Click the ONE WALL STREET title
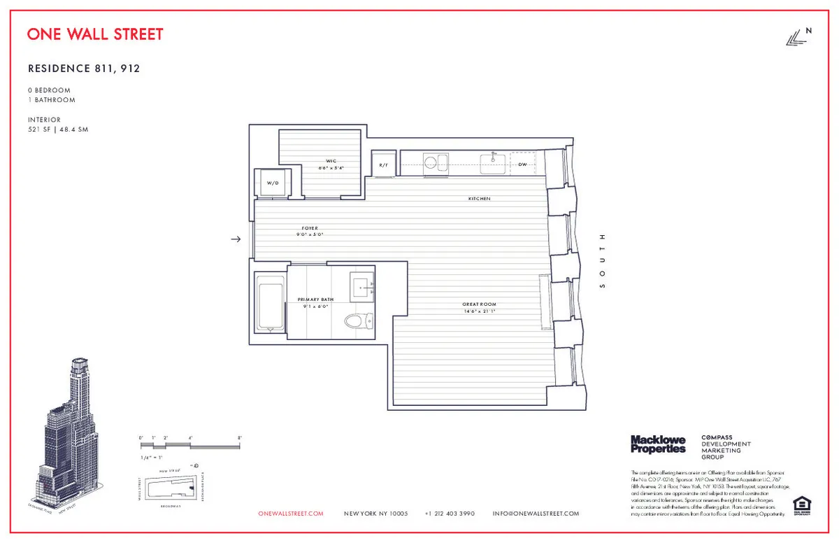click(95, 34)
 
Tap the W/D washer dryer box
click(272, 183)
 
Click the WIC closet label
click(331, 161)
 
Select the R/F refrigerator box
click(383, 164)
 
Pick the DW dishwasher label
click(522, 164)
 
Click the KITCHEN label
click(479, 199)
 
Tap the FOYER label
click(310, 228)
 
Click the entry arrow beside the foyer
click(236, 239)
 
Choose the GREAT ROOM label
click(479, 304)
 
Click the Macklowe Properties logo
click(658, 444)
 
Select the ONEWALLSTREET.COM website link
click(291, 514)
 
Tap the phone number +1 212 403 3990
click(450, 514)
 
